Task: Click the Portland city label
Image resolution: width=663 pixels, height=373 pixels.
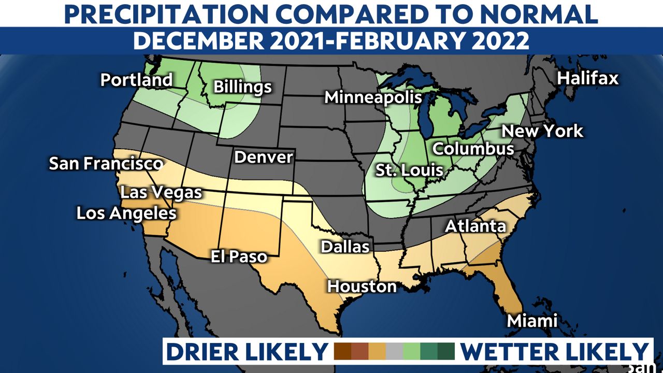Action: click(x=136, y=80)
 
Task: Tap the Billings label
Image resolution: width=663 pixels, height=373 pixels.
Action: click(x=242, y=87)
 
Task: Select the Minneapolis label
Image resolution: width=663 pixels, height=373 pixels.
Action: click(x=373, y=97)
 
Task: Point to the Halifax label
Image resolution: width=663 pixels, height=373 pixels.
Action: click(x=588, y=78)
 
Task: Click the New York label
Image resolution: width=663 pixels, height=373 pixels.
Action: click(x=542, y=131)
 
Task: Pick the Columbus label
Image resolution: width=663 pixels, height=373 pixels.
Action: click(x=473, y=149)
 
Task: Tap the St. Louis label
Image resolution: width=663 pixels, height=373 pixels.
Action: click(x=409, y=169)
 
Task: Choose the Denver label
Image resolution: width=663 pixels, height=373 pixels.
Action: click(x=264, y=157)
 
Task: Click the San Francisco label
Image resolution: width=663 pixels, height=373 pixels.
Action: click(x=106, y=164)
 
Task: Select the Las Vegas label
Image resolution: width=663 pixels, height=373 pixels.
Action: click(x=161, y=193)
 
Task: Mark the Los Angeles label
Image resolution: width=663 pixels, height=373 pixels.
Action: click(x=126, y=213)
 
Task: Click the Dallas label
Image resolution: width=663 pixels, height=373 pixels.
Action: click(x=345, y=247)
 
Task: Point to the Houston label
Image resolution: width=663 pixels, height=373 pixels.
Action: click(x=362, y=286)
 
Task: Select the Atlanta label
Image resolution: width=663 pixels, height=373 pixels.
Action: click(x=475, y=226)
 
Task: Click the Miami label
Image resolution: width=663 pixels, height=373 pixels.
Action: click(x=532, y=321)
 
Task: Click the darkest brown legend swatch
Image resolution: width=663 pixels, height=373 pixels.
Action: click(x=343, y=351)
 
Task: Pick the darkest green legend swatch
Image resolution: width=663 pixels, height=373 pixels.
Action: click(x=445, y=351)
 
